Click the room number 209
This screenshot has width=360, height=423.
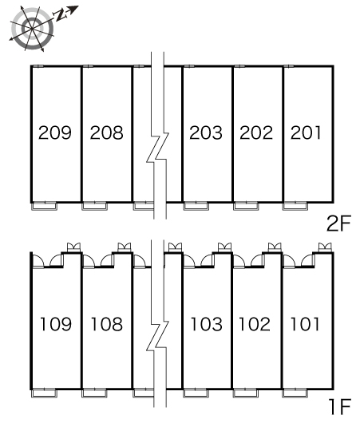coord(55,132)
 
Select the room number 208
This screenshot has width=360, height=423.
coord(107,132)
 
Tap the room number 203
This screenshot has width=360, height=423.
coord(206,132)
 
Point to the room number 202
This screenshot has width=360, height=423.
coord(256,132)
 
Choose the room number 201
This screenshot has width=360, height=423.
coord(306,132)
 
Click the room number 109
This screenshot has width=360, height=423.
coord(56,324)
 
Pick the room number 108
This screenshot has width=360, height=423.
coord(107,324)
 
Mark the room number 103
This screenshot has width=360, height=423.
coord(207,324)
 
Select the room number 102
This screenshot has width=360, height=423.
coord(255,324)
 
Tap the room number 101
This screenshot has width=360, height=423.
coord(305,324)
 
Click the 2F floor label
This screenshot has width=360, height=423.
coord(338,223)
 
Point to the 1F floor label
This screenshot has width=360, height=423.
coord(340,406)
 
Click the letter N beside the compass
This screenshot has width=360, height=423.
coord(61,15)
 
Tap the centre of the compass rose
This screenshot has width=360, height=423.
coord(32,28)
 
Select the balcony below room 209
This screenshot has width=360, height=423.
coord(44,206)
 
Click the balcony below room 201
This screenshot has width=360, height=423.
coord(295,206)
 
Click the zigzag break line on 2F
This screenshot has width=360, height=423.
coord(157,147)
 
